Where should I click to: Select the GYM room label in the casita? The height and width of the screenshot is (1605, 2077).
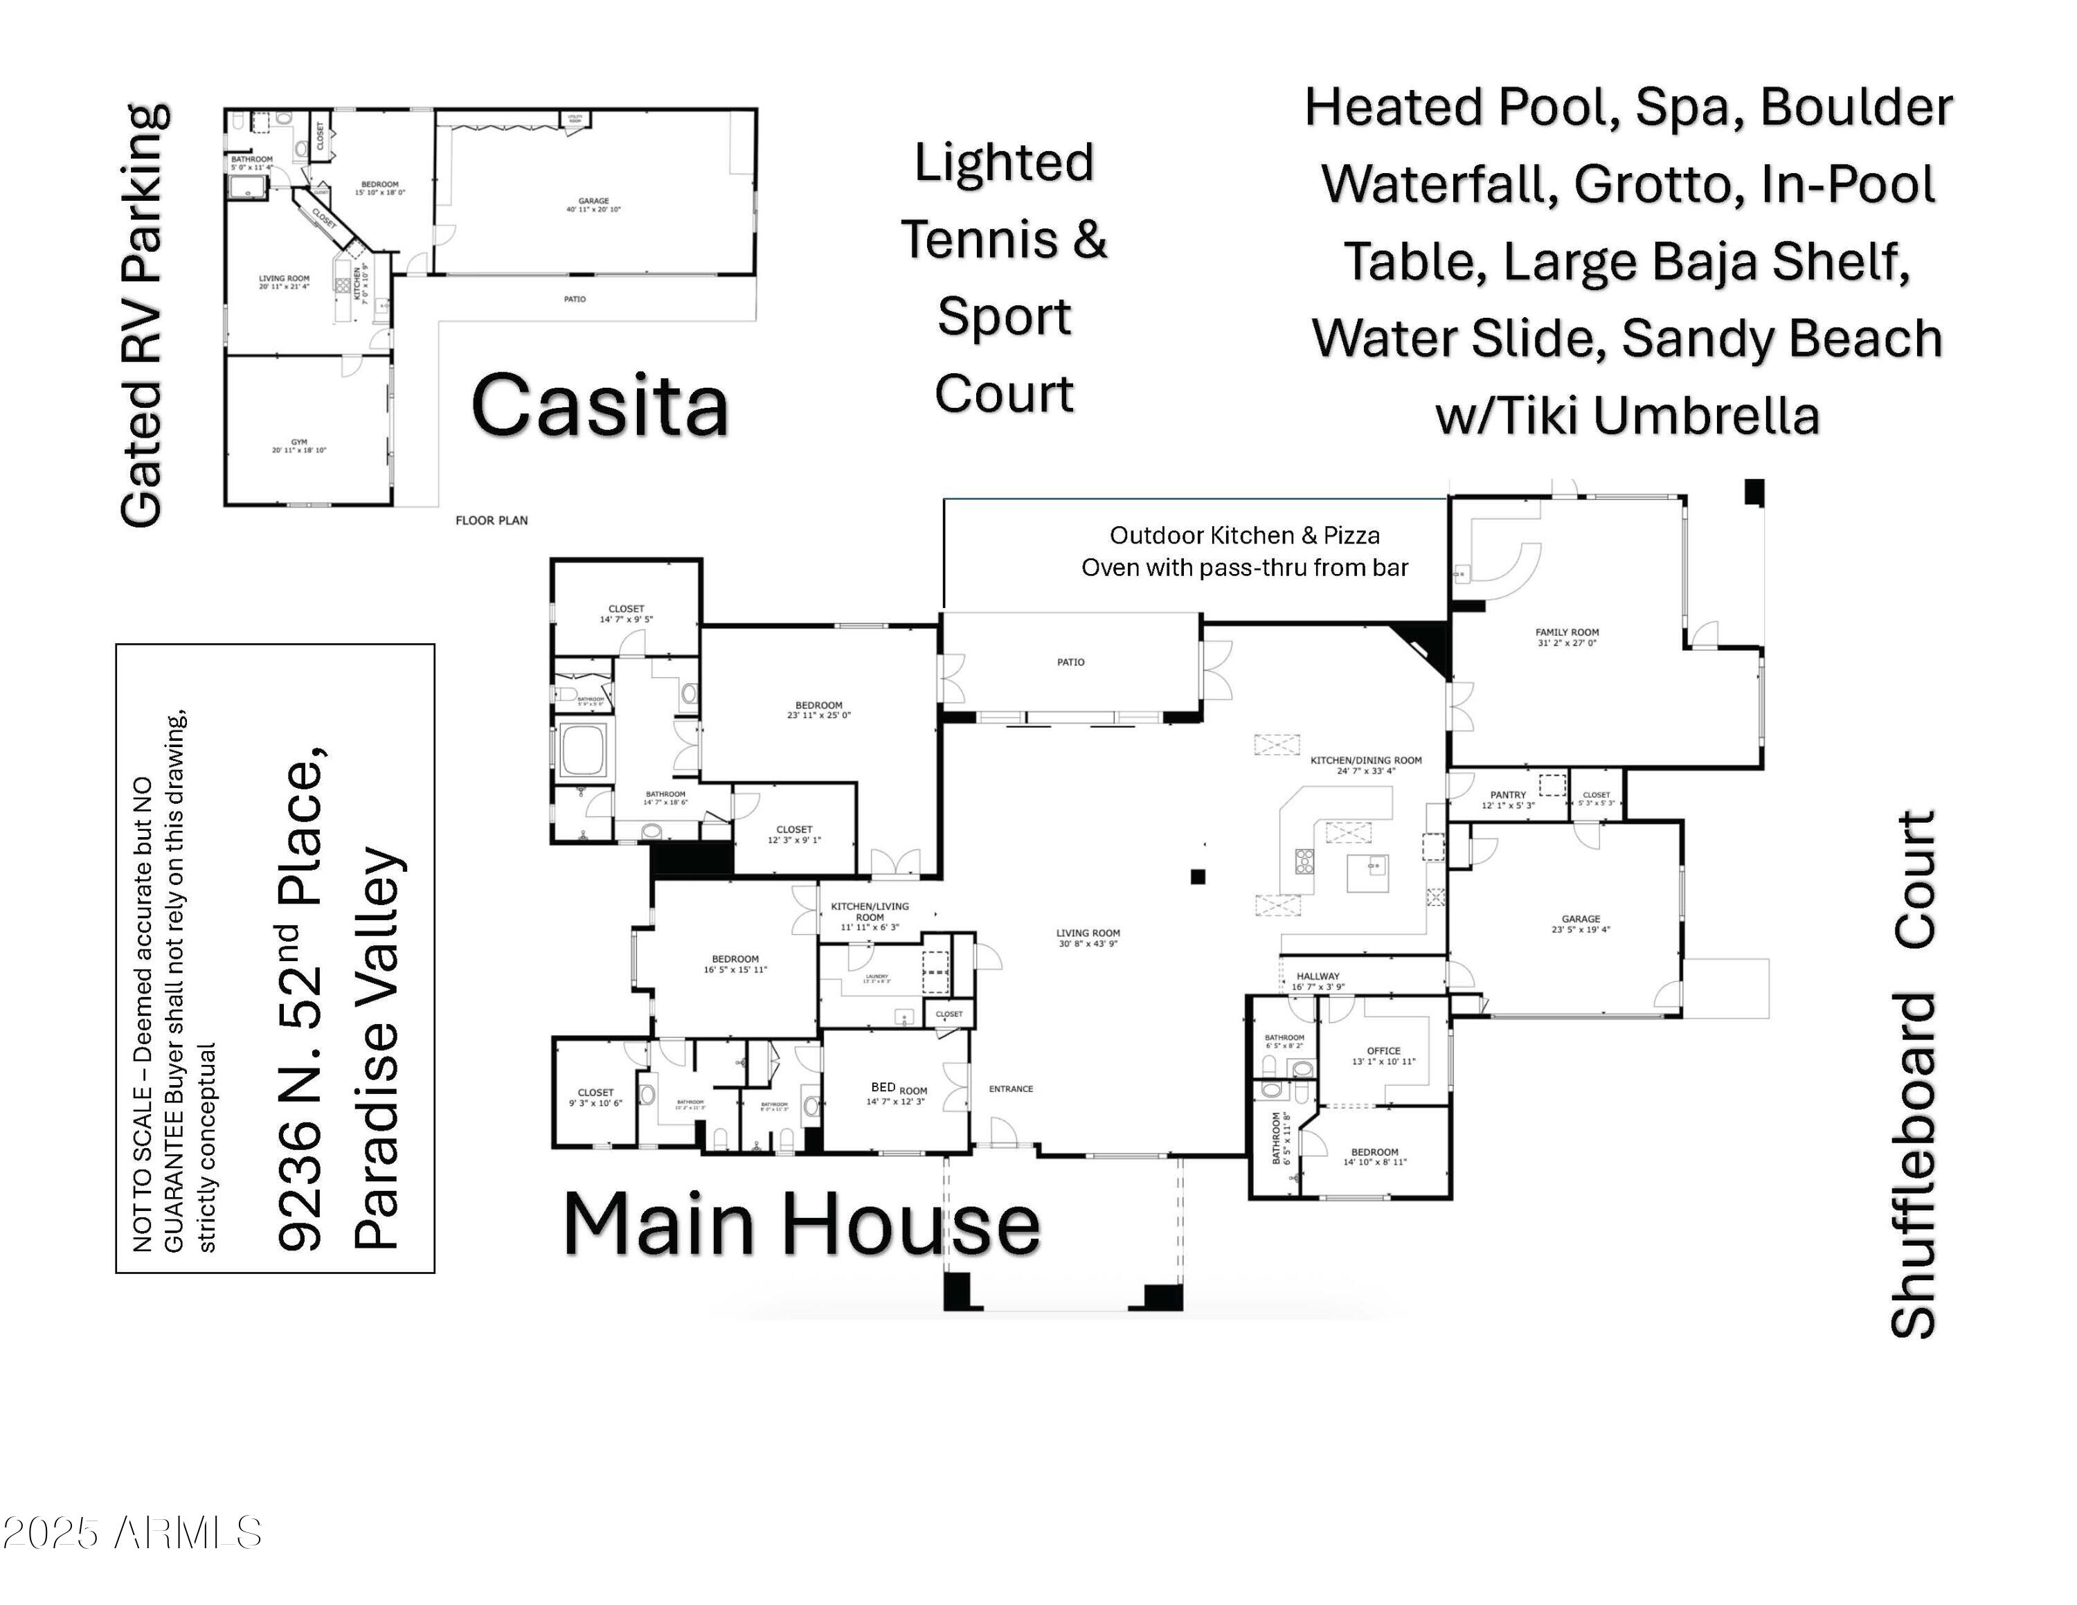click(x=298, y=446)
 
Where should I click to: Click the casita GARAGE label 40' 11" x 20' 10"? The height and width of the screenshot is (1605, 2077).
click(x=593, y=204)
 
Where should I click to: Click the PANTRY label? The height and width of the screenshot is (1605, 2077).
click(x=1507, y=800)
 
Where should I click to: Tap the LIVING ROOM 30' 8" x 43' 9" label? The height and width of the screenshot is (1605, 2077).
click(x=1087, y=938)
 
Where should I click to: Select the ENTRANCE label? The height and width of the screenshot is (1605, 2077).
click(x=1010, y=1088)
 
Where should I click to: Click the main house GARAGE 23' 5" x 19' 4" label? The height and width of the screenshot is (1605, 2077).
click(x=1580, y=923)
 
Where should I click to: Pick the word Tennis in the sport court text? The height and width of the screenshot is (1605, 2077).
click(x=980, y=239)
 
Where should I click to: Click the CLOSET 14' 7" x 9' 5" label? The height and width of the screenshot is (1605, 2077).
click(x=626, y=613)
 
